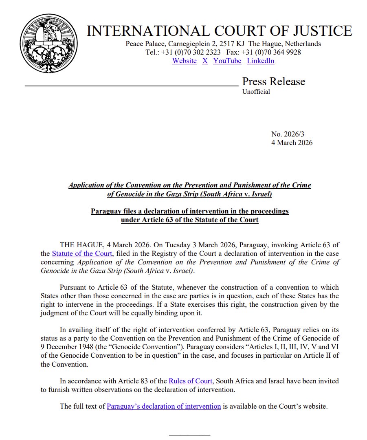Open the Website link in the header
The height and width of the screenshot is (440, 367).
pyautogui.click(x=184, y=61)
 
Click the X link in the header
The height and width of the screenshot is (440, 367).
pyautogui.click(x=205, y=61)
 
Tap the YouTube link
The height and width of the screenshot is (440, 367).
pyautogui.click(x=227, y=61)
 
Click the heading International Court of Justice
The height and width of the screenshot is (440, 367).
pyautogui.click(x=220, y=31)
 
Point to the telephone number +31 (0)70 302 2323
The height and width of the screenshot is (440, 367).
pyautogui.click(x=191, y=52)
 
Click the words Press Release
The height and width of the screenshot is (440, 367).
pyautogui.click(x=273, y=81)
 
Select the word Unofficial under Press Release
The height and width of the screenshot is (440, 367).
pyautogui.click(x=256, y=92)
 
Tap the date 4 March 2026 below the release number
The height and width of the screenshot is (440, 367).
pyautogui.click(x=292, y=143)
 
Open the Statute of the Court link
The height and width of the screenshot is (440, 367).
pyautogui.click(x=81, y=253)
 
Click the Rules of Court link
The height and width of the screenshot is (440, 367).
pyautogui.click(x=190, y=381)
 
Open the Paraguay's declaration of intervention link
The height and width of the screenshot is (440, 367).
pyautogui.click(x=164, y=406)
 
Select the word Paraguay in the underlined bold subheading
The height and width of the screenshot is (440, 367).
pyautogui.click(x=106, y=211)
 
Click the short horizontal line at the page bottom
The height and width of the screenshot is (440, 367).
pyautogui.click(x=189, y=435)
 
